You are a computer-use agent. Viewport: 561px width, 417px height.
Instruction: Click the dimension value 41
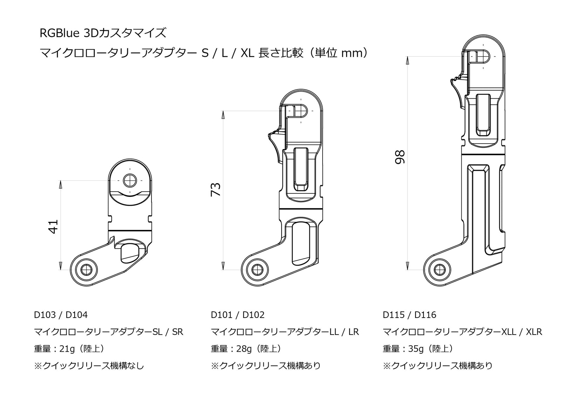tap(53, 227)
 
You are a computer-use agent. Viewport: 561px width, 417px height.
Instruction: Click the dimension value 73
tap(216, 189)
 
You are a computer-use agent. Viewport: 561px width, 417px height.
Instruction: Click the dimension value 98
tap(400, 157)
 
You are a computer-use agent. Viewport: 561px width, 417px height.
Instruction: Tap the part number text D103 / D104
tap(61, 315)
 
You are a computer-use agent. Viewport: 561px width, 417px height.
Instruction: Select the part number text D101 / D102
tap(237, 315)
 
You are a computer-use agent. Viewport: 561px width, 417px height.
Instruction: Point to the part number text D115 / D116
tap(409, 315)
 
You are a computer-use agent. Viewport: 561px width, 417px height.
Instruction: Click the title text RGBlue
tap(60, 33)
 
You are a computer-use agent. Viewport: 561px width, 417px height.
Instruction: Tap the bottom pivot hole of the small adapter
tap(86, 270)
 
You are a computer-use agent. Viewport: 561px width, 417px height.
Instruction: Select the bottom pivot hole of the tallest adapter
tap(438, 270)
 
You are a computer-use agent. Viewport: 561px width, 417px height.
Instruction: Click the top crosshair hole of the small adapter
tap(129, 181)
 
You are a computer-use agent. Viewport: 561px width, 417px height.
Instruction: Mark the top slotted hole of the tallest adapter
tap(483, 56)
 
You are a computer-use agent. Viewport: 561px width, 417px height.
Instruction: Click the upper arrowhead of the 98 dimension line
tap(407, 61)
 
